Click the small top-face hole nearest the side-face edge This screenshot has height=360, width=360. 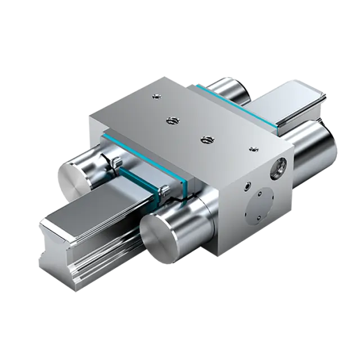click(252, 148)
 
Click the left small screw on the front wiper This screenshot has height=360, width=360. click(115, 164)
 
